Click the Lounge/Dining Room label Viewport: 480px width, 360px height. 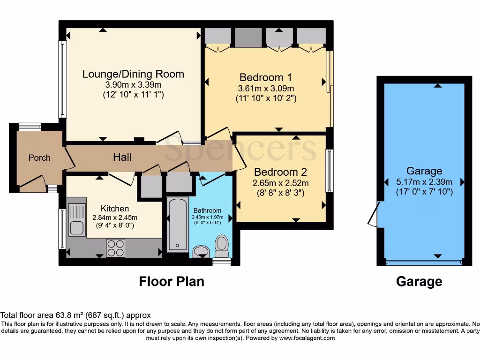133,74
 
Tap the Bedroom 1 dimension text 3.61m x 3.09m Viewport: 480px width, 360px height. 265,89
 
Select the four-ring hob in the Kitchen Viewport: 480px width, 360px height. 116,248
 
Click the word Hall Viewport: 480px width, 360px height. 122,157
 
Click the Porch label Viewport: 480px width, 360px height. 39,157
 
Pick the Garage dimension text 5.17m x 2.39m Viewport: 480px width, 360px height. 424,182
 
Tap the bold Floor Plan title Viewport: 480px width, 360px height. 172,281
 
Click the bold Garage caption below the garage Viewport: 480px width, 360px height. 419,281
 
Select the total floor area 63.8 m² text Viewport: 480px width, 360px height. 75,315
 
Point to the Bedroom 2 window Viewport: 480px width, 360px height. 330,171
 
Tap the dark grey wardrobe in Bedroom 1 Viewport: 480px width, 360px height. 248,37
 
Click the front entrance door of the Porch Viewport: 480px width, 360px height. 32,184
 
